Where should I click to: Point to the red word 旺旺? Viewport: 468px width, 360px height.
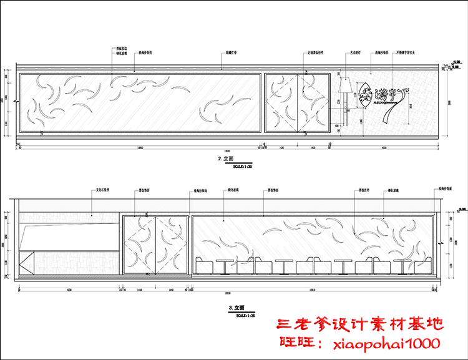coord(295,343)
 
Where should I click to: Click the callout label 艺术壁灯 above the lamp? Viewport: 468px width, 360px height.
coord(356,54)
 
